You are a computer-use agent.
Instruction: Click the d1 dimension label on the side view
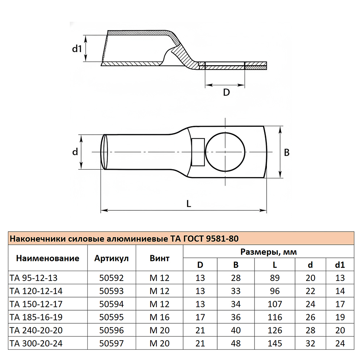pyautogui.click(x=77, y=49)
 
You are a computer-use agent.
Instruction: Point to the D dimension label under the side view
pyautogui.click(x=226, y=92)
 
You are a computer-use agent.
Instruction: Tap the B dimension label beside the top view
pyautogui.click(x=287, y=152)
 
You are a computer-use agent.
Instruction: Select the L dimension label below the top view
pyautogui.click(x=188, y=203)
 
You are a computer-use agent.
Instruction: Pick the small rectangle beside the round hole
pyautogui.click(x=198, y=152)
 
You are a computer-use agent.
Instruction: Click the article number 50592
pyautogui.click(x=111, y=278)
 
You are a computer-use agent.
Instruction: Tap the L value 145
pyautogui.click(x=275, y=343)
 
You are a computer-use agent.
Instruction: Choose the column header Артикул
pyautogui.click(x=111, y=258)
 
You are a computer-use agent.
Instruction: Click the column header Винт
pyautogui.click(x=159, y=258)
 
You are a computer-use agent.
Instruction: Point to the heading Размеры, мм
pyautogui.click(x=269, y=252)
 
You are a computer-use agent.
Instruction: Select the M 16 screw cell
pyautogui.click(x=159, y=317)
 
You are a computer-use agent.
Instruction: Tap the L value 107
pyautogui.click(x=275, y=304)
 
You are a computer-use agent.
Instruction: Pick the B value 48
pyautogui.click(x=236, y=343)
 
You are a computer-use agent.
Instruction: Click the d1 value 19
pyautogui.click(x=340, y=317)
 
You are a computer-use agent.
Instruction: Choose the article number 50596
pyautogui.click(x=111, y=330)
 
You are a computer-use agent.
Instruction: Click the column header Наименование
pyautogui.click(x=47, y=258)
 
